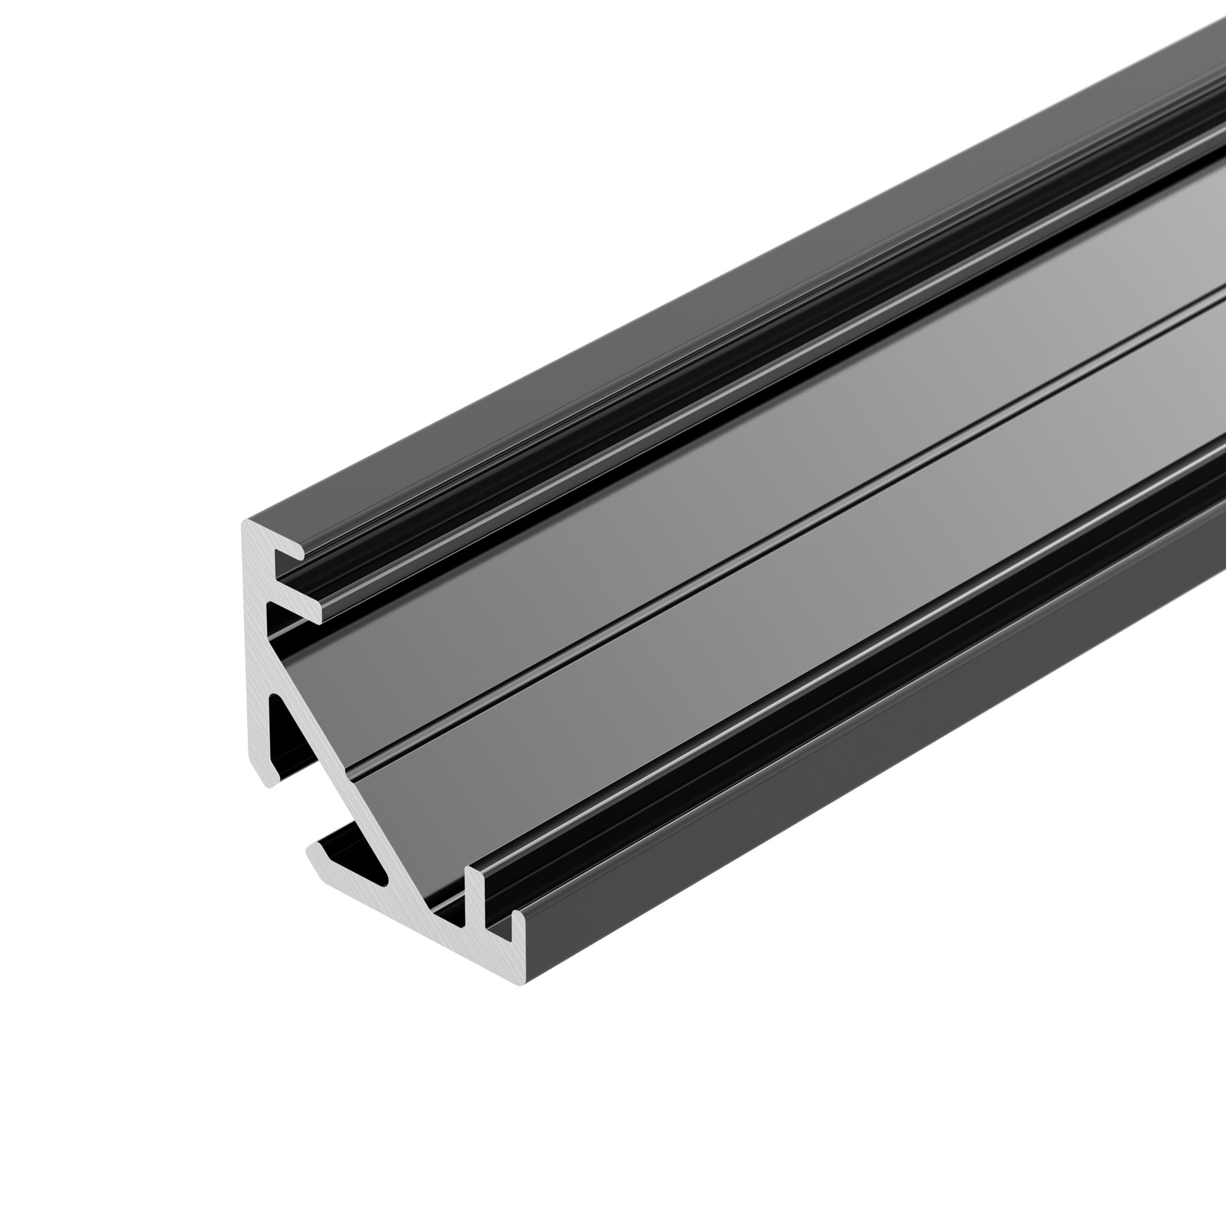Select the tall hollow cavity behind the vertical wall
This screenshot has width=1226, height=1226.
(279, 736)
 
